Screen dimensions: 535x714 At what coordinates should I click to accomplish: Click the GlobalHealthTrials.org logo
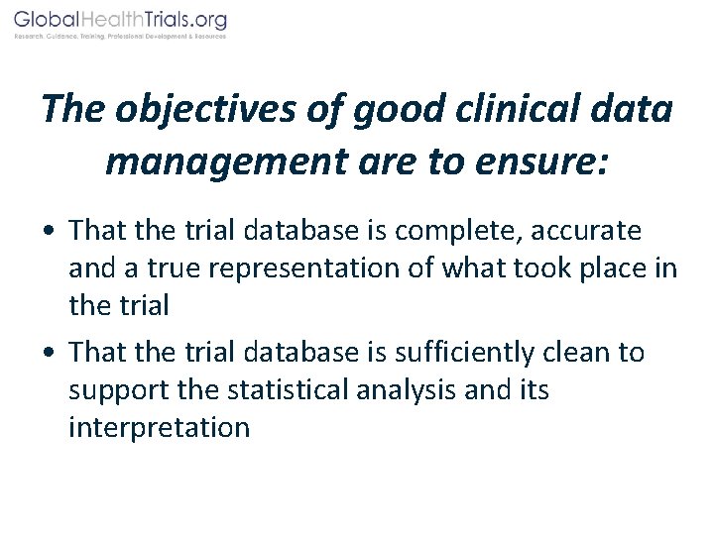pos(120,20)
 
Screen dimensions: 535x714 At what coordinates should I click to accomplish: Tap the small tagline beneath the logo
pos(120,37)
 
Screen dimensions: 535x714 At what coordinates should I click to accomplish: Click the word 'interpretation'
pos(159,428)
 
